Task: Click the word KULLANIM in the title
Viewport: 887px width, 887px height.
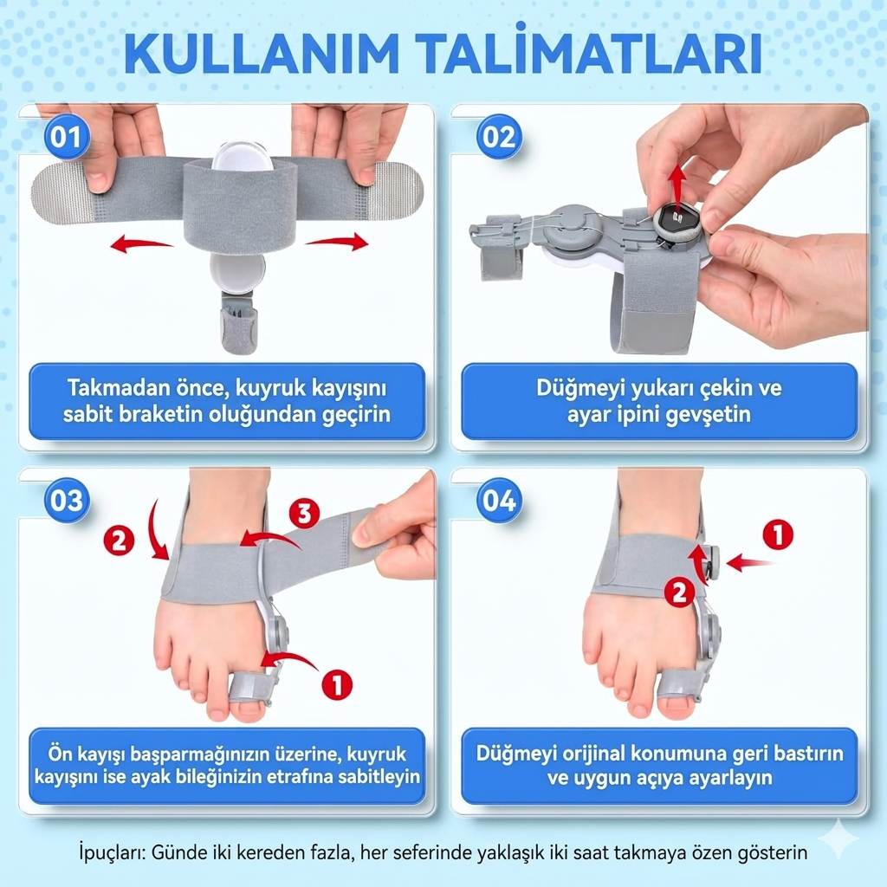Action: pos(262,53)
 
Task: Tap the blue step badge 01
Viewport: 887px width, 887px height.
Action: pos(66,137)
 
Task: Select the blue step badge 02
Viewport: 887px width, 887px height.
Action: pos(498,137)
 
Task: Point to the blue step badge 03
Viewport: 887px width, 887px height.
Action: pos(66,501)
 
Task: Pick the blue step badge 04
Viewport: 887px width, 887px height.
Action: pos(498,501)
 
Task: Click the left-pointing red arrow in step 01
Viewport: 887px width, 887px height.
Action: pos(141,244)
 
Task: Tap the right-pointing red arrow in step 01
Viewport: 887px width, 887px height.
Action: pos(337,242)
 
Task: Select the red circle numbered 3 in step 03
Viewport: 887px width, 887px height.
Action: pos(304,514)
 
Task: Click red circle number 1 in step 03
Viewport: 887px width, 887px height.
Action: pos(337,684)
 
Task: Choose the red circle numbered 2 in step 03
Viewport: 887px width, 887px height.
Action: pos(119,540)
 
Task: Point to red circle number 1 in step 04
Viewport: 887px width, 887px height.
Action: pos(778,534)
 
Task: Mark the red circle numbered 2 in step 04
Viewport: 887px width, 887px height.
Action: pos(679,592)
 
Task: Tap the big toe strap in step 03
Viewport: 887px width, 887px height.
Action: pos(249,686)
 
